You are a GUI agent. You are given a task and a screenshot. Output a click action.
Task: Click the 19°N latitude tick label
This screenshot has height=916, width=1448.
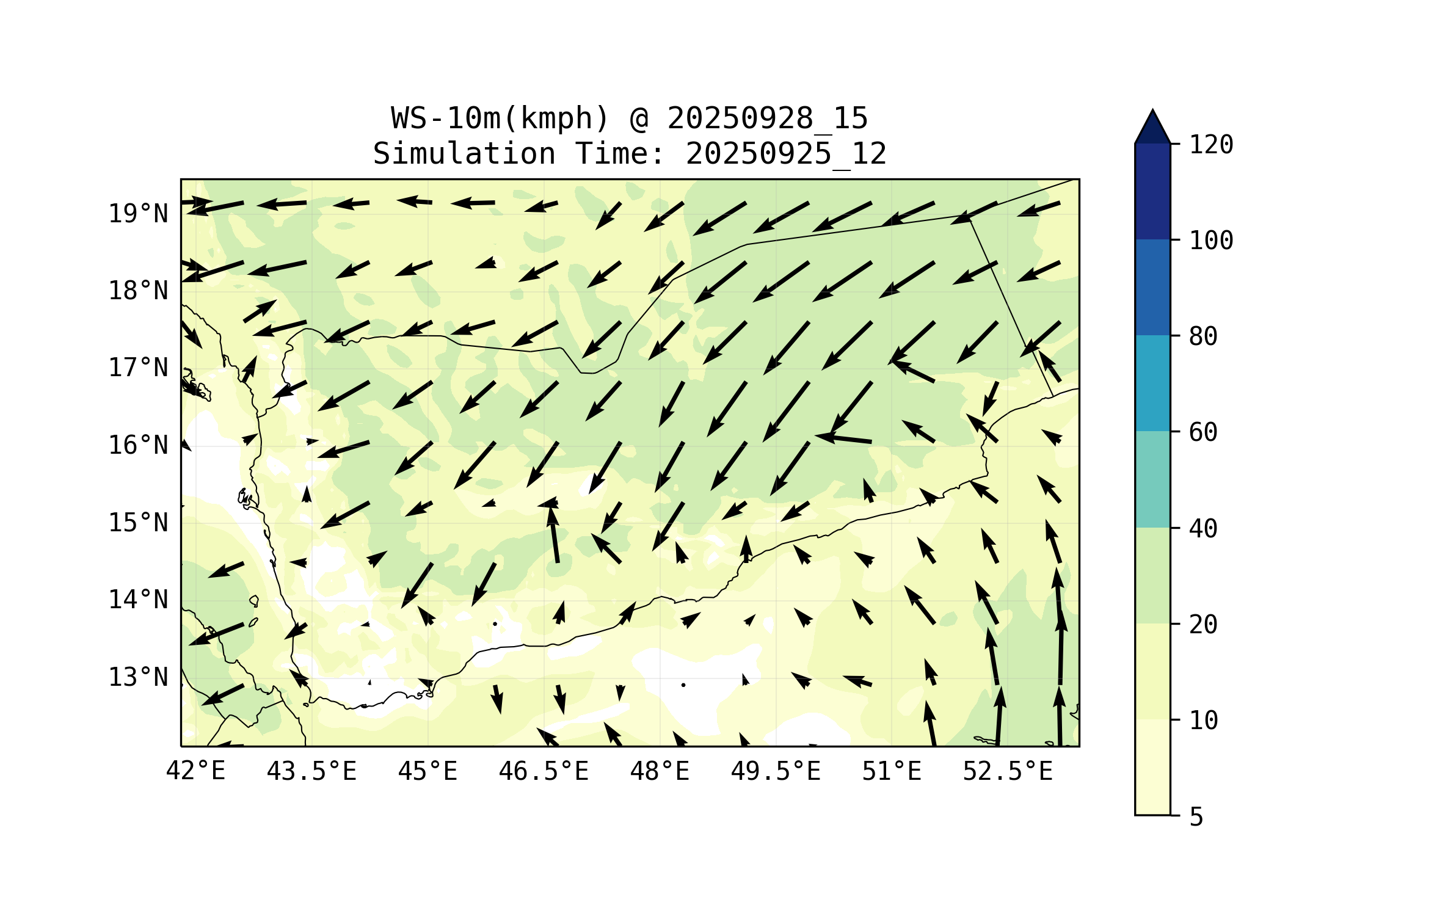[138, 214]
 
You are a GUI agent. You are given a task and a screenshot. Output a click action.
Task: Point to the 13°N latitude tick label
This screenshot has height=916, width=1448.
[138, 677]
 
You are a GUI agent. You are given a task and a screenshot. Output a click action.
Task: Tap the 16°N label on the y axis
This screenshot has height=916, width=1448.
[138, 445]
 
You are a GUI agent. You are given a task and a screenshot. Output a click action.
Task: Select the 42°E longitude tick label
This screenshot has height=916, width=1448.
[195, 771]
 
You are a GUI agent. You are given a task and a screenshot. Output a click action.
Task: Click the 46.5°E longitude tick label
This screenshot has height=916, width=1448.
[544, 771]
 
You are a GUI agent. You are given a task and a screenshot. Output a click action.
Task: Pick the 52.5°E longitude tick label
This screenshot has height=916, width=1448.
[1008, 771]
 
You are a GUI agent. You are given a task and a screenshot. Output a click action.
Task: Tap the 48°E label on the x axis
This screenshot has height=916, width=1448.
[660, 771]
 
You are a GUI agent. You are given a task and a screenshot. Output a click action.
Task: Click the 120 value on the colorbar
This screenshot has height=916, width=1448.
[1211, 145]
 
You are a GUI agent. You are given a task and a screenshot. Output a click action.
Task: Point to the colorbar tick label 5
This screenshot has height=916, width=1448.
[1196, 817]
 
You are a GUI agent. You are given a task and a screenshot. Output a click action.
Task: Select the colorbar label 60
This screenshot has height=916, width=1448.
[1203, 432]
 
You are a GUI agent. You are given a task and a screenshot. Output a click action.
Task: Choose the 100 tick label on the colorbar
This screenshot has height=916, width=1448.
[1211, 241]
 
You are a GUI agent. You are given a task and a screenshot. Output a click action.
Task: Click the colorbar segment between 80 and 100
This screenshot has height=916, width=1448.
[1152, 287]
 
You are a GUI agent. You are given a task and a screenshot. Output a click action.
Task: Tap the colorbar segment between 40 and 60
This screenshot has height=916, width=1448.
[1152, 479]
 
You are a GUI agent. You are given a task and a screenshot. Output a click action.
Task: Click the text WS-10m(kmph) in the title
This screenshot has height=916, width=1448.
[500, 118]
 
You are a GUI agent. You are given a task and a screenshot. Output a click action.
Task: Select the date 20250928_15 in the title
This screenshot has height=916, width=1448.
[767, 118]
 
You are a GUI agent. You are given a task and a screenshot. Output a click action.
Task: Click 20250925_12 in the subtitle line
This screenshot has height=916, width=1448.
[786, 153]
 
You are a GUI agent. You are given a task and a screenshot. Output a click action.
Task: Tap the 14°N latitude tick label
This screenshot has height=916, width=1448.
[138, 600]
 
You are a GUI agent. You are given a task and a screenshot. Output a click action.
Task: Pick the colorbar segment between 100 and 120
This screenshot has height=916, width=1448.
[1152, 191]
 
